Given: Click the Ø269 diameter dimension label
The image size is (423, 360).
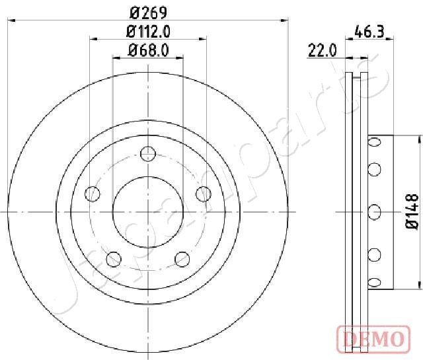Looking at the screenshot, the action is tap(148, 13).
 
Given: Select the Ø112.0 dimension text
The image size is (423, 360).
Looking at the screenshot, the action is tap(148, 32).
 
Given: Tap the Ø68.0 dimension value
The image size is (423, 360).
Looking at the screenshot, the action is tap(149, 50).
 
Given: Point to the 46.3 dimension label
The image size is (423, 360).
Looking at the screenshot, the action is tap(369, 32).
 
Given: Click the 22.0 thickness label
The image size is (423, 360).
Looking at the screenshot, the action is tap(323, 50).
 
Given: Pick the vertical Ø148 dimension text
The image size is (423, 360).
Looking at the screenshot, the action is tap(412, 212).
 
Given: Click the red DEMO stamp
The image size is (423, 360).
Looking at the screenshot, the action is tap(373, 339).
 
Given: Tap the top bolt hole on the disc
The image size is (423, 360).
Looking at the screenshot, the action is tap(148, 154).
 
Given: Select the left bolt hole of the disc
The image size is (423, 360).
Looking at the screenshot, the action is tap(93, 194).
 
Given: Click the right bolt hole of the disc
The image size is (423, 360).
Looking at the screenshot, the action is tap(204, 194).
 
